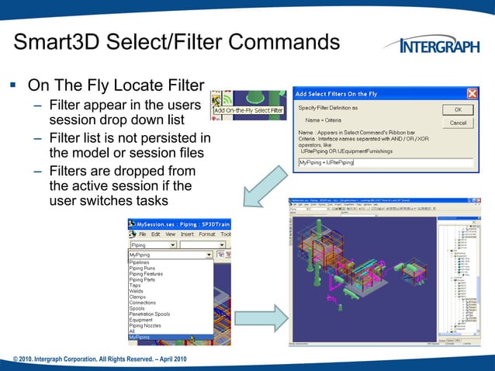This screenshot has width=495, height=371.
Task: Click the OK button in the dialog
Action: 458,109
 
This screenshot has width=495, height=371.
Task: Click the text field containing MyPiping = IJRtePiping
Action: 385,162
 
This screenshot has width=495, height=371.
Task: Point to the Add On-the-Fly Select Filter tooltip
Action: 249,110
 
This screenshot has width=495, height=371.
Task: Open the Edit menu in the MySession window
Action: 155,234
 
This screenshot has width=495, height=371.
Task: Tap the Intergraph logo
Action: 438,46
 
